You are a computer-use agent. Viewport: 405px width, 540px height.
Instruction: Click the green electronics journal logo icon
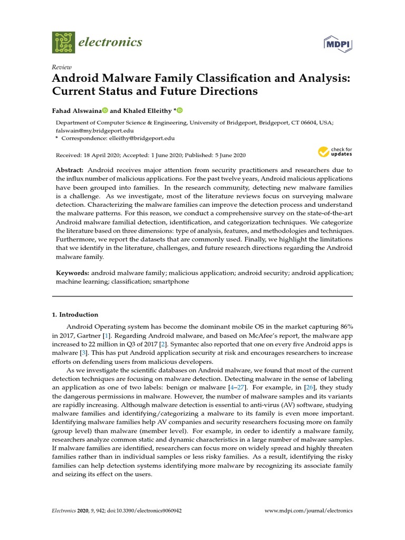tap(64, 42)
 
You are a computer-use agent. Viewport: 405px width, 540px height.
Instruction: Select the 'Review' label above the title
tap(62, 67)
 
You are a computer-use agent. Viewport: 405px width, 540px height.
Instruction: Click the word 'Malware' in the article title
tap(128, 79)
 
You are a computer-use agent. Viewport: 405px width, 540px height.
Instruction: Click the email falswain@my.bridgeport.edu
tap(94, 130)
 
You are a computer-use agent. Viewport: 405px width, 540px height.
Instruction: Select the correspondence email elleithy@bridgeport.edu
tap(141, 138)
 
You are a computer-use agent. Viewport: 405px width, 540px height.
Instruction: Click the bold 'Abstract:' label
tap(70, 170)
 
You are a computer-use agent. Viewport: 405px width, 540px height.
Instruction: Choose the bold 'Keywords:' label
tap(73, 274)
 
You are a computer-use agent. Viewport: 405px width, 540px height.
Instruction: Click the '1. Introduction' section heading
tap(75, 314)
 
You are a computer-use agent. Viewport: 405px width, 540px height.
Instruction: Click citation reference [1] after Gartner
tap(107, 335)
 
